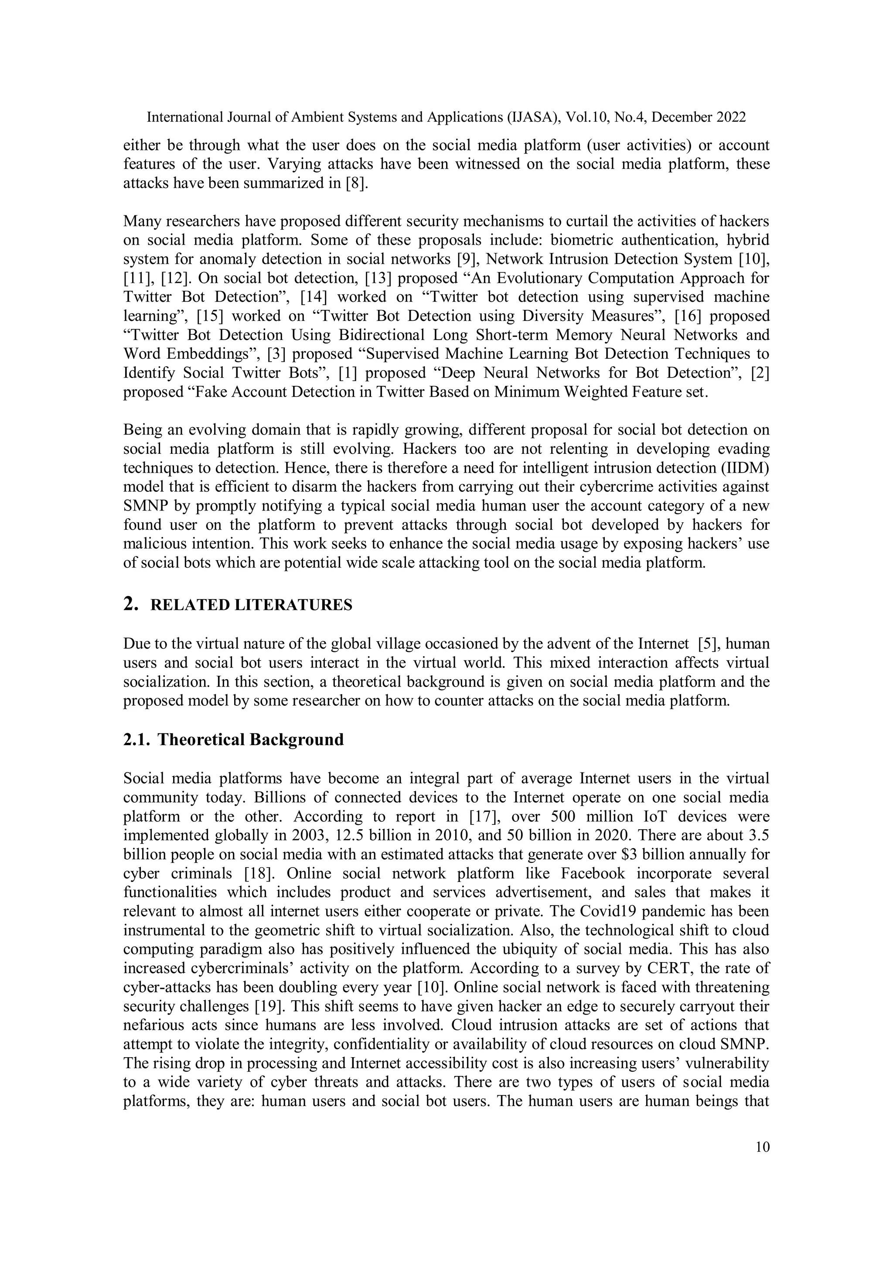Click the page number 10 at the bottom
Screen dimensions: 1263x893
[763, 1147]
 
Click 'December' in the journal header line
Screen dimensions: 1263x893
[681, 117]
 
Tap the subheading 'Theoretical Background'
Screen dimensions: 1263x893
[250, 739]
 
